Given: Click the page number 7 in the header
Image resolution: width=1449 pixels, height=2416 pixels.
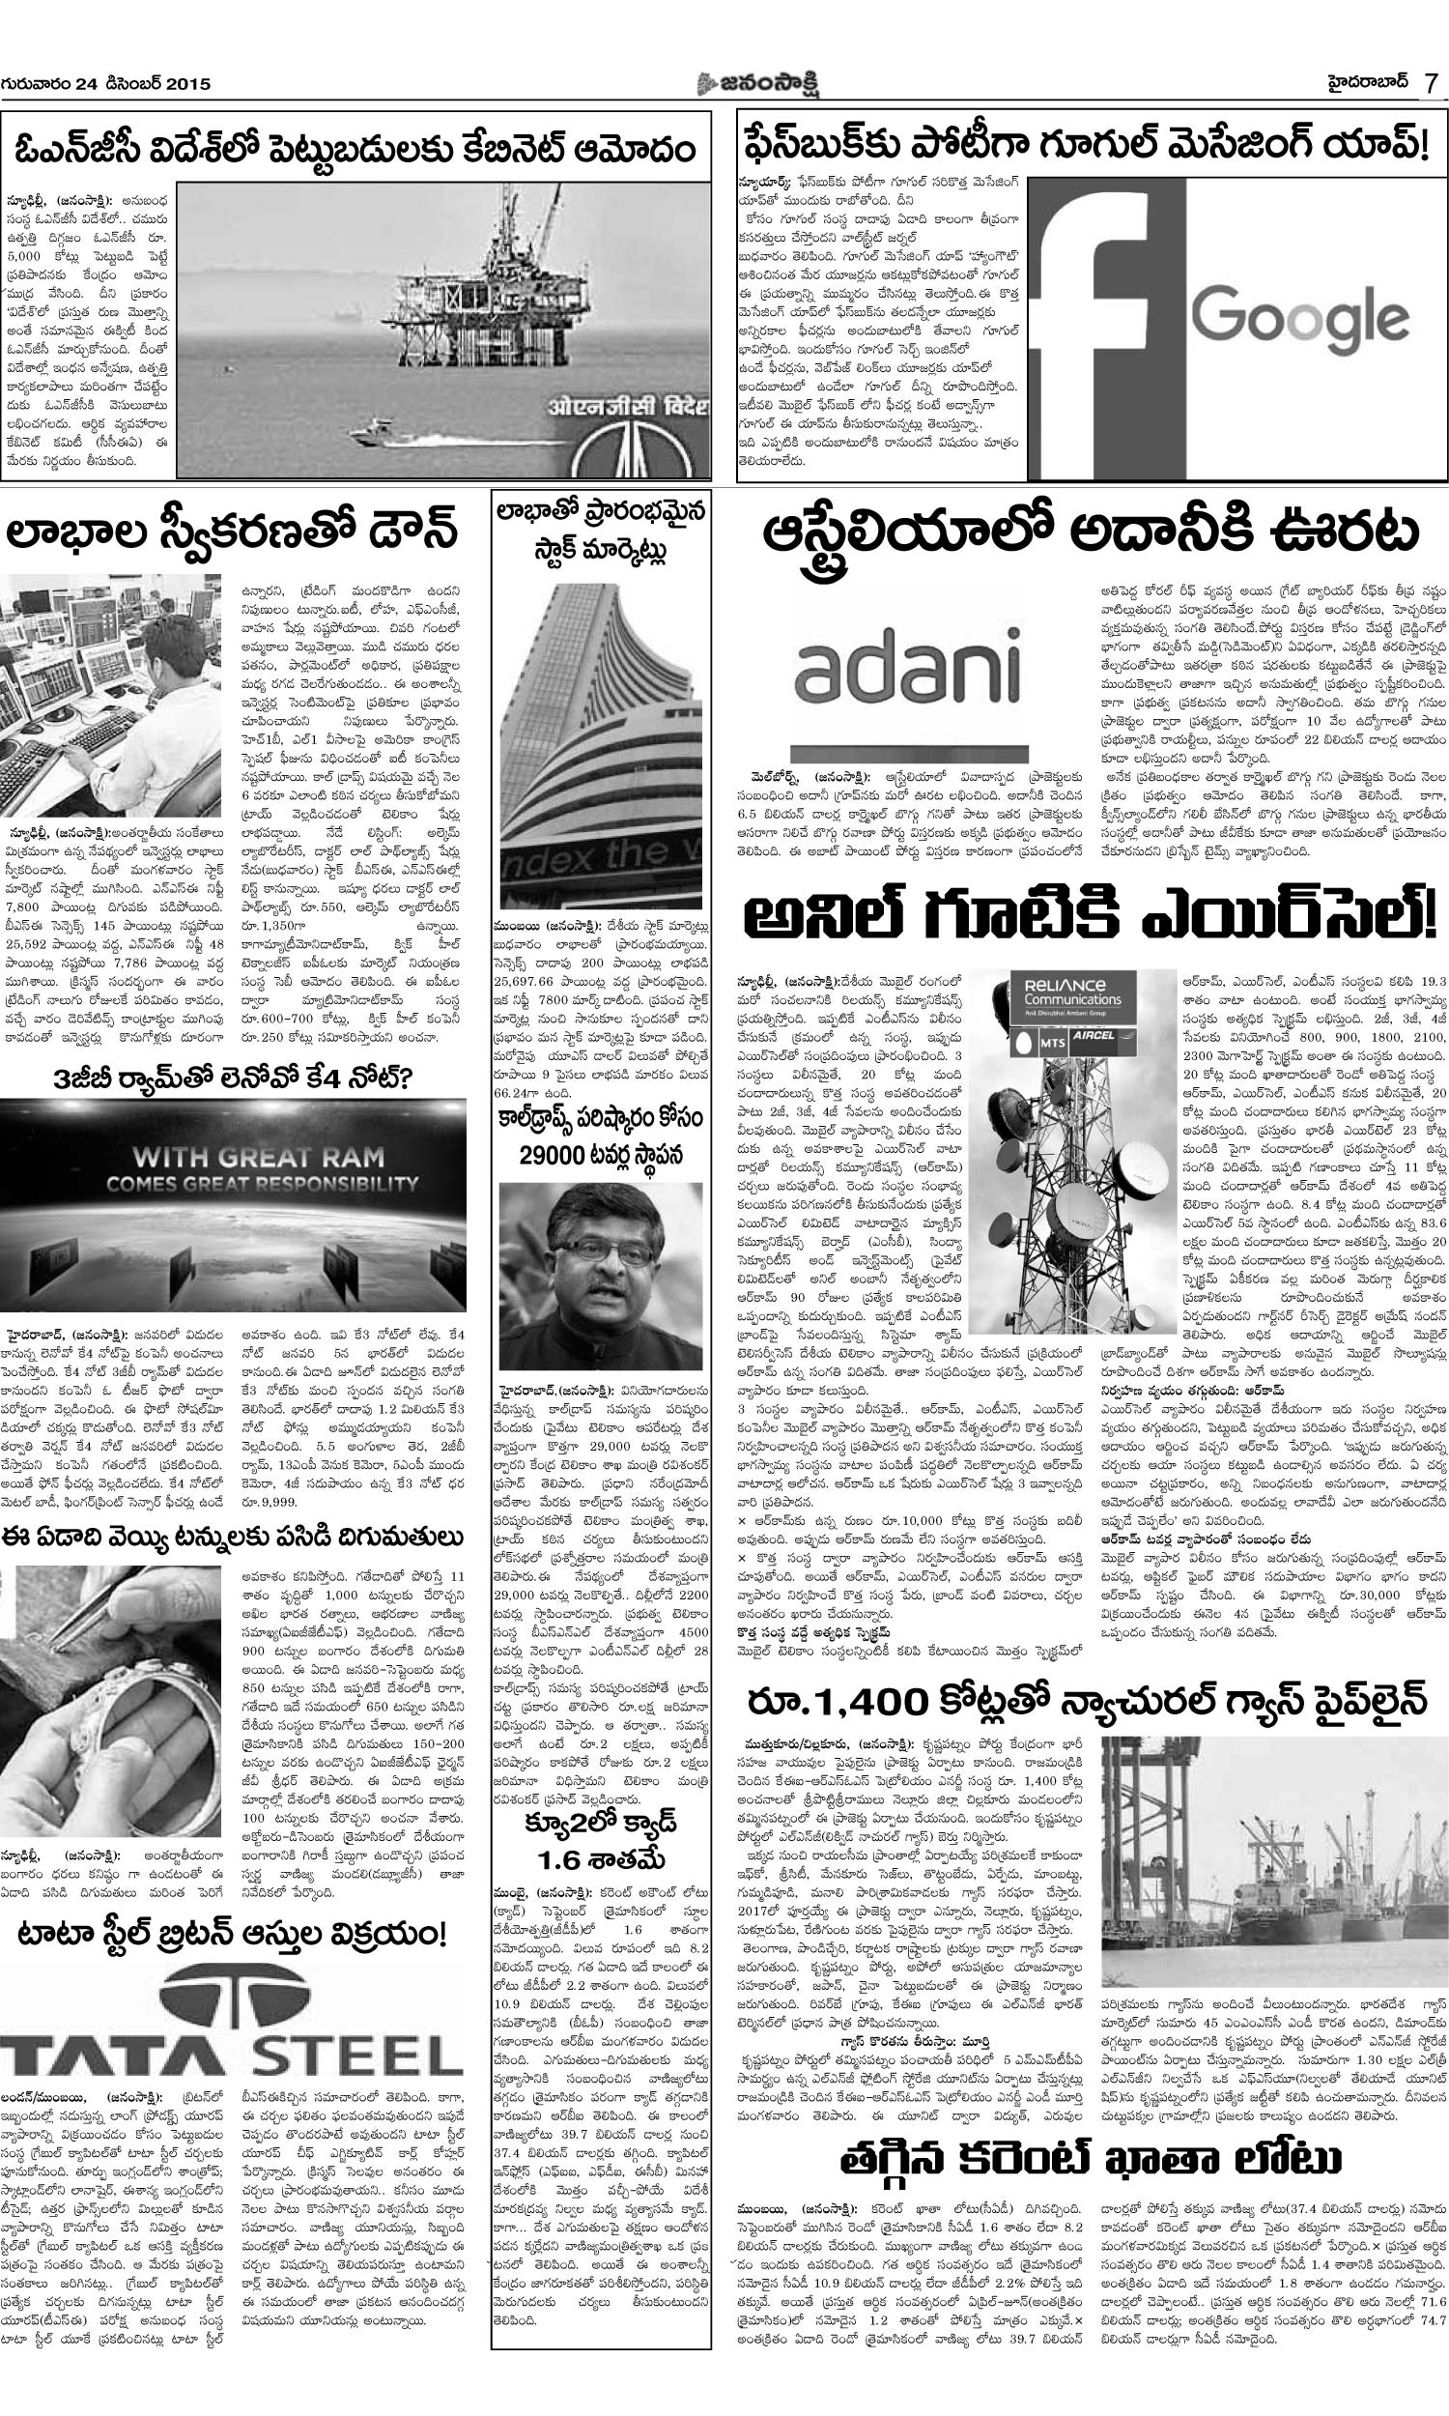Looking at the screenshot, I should pyautogui.click(x=1429, y=85).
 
